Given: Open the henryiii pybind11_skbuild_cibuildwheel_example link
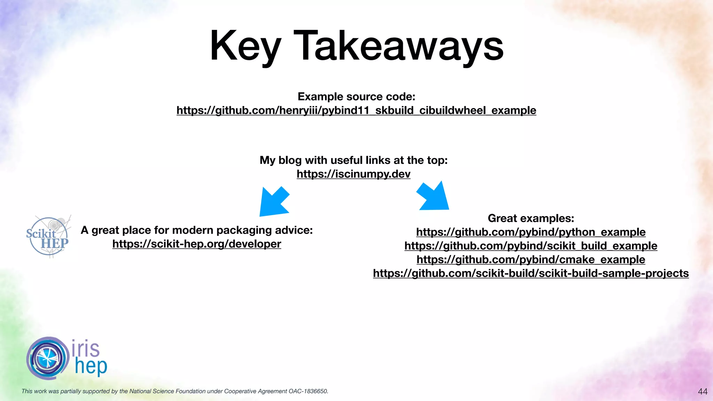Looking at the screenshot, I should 356,110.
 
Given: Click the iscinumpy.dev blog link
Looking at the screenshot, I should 353,174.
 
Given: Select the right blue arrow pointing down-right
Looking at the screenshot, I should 433,197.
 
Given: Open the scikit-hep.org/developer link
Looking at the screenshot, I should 197,244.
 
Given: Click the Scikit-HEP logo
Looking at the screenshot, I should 48,236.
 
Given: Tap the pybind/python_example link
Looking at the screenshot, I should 531,232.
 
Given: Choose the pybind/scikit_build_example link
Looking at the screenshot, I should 531,246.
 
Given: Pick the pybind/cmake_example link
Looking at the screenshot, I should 531,259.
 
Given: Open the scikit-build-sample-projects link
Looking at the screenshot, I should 531,273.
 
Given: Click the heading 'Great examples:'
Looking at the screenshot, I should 531,218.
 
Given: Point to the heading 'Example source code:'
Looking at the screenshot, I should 356,96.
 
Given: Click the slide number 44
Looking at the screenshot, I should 703,392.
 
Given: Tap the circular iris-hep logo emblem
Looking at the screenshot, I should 47,358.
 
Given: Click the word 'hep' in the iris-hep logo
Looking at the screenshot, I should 91,367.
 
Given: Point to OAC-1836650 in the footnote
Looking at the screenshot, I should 308,391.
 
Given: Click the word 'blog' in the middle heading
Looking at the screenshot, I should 290,160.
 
